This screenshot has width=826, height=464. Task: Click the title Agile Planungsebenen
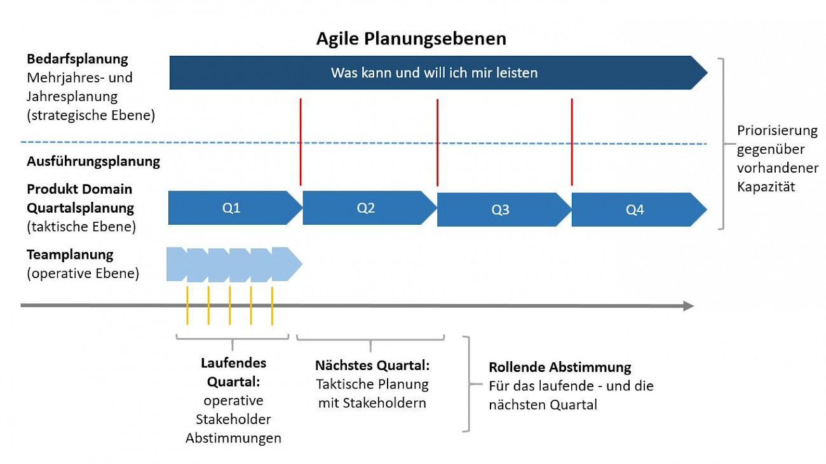[411, 39]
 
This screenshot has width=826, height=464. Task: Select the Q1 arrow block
[235, 208]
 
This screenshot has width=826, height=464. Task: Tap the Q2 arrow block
[370, 208]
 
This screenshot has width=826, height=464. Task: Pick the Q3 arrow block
[504, 209]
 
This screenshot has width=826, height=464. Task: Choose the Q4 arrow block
[639, 209]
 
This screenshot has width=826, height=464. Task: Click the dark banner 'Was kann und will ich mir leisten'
[438, 72]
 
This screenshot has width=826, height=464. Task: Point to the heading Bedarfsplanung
[78, 59]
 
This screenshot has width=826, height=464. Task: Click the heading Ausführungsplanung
[93, 161]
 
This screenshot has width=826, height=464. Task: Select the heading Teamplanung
[70, 255]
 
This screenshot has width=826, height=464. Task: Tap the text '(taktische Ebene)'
[81, 227]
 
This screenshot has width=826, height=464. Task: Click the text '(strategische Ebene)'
[91, 116]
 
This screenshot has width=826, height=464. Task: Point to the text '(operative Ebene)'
[83, 274]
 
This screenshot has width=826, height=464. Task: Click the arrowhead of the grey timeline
[689, 306]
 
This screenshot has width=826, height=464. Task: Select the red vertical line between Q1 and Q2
[301, 142]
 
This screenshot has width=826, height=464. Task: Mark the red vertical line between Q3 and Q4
[572, 142]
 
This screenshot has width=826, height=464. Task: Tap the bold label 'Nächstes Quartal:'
[372, 366]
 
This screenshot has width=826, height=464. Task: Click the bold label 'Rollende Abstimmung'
[560, 367]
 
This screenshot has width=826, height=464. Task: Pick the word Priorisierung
[777, 131]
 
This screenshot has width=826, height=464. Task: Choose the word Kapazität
[766, 187]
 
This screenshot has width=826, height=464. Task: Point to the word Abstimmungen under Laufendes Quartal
[233, 438]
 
